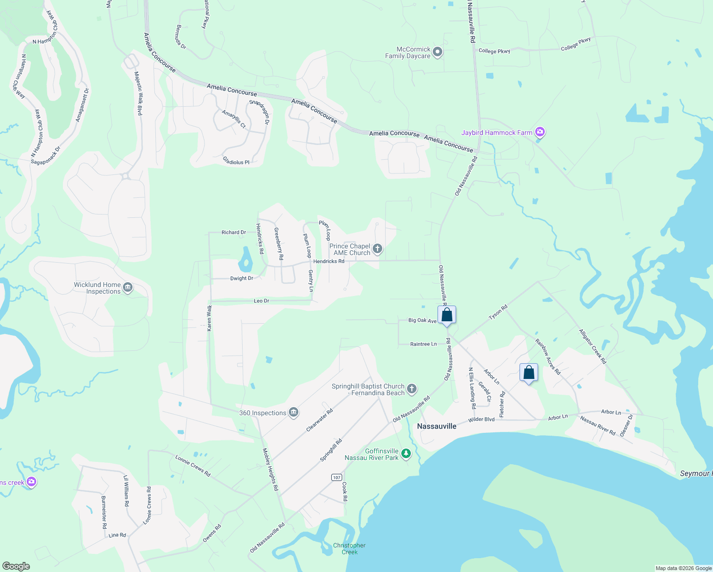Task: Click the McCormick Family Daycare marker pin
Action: [x=438, y=52]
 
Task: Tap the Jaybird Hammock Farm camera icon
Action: [x=540, y=132]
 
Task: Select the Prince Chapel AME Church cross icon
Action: [x=377, y=248]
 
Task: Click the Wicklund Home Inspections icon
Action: [x=128, y=287]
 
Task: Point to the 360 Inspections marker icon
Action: [x=294, y=412]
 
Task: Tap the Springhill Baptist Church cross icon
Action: [x=412, y=389]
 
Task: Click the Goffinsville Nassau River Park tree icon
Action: [x=406, y=453]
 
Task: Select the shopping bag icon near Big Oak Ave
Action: [x=447, y=315]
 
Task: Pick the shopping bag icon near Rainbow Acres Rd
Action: [x=529, y=372]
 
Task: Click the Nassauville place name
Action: [x=437, y=426]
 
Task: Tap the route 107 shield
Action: [x=336, y=477]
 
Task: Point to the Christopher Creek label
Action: [x=349, y=549]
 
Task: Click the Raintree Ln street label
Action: [x=423, y=344]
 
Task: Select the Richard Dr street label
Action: [x=234, y=233]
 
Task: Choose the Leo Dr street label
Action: [x=262, y=301]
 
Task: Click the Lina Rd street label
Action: [x=117, y=535]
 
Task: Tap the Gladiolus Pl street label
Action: [x=236, y=162]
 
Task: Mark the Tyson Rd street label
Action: [x=498, y=313]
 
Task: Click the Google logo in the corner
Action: [x=16, y=566]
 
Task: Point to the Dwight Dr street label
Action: [x=242, y=278]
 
